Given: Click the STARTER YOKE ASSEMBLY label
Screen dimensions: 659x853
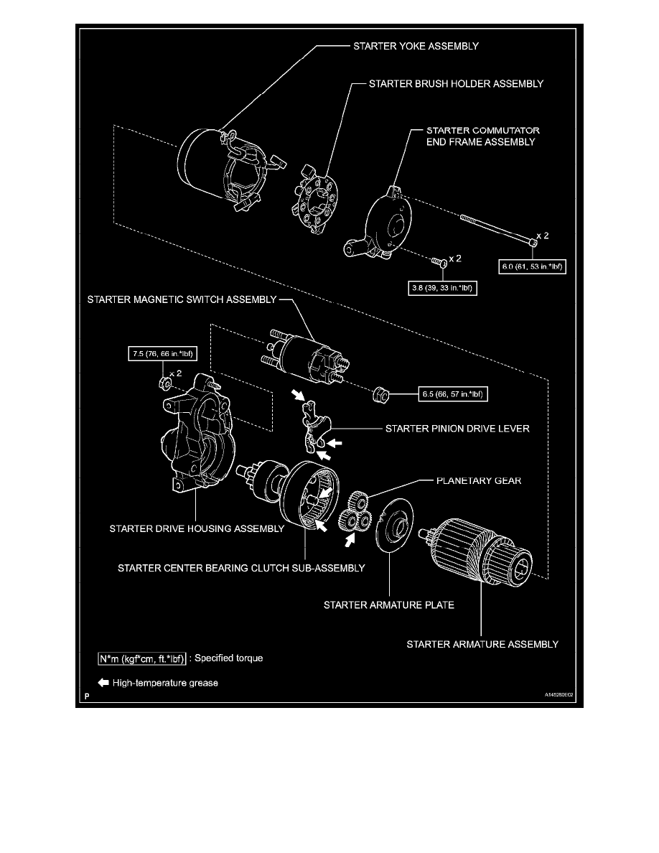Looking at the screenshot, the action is pyautogui.click(x=416, y=46).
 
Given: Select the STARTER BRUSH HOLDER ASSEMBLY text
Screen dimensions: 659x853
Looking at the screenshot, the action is pyautogui.click(x=456, y=84).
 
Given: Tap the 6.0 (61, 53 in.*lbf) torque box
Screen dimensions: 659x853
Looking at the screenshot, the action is pyautogui.click(x=533, y=266).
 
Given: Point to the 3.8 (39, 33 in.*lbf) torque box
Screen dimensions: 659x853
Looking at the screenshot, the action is pyautogui.click(x=443, y=288).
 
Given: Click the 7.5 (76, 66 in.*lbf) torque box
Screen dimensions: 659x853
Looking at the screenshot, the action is pyautogui.click(x=162, y=353).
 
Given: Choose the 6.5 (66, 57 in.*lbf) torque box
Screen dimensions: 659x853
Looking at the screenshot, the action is pyautogui.click(x=453, y=394).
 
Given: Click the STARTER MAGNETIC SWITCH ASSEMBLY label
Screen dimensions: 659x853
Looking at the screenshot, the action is pyautogui.click(x=182, y=299).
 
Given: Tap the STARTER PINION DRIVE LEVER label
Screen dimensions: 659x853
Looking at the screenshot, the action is pyautogui.click(x=457, y=429).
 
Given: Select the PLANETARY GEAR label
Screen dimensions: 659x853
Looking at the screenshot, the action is pyautogui.click(x=479, y=481).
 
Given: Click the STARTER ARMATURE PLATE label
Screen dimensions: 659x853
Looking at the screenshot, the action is pyautogui.click(x=389, y=605).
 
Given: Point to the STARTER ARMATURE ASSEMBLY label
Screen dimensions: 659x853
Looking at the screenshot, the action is pyautogui.click(x=482, y=644).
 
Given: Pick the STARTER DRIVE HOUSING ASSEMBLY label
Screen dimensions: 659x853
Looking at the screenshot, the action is pyautogui.click(x=197, y=528).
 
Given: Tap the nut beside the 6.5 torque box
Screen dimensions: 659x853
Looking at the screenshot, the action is pyautogui.click(x=380, y=394).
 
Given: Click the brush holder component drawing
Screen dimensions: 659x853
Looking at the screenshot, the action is pyautogui.click(x=316, y=199).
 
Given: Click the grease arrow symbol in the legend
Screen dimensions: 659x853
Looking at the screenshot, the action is pyautogui.click(x=103, y=683).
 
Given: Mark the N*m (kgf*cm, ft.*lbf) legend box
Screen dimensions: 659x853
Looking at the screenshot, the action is pyautogui.click(x=142, y=659).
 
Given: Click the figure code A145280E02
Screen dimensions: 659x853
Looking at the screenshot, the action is pyautogui.click(x=559, y=695).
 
